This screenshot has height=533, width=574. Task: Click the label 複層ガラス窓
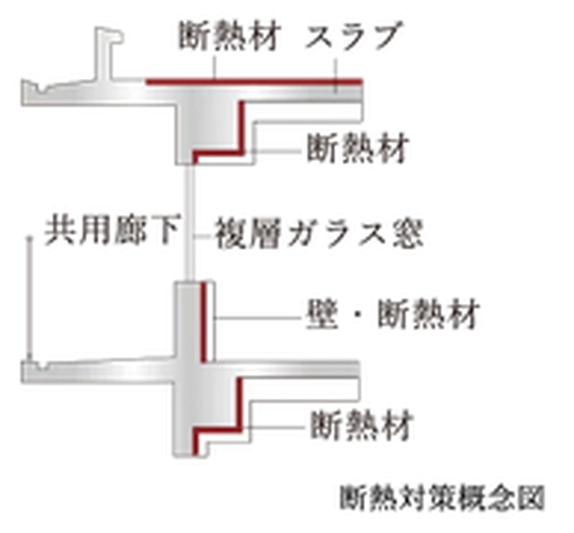coord(319,234)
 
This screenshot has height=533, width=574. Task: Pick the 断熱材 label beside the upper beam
coord(357,148)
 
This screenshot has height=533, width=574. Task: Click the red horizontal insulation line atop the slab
coord(254,82)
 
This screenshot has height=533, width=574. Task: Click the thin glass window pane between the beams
coord(189,223)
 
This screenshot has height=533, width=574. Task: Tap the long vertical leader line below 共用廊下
coord(29,299)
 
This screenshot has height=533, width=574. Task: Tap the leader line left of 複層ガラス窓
coord(203,236)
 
